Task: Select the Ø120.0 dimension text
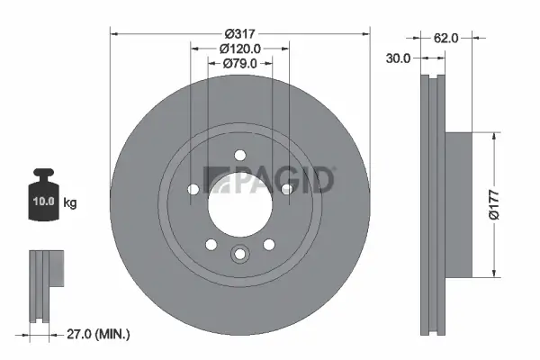pos(239,49)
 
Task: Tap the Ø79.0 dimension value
pos(239,63)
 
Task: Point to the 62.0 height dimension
pos(447,38)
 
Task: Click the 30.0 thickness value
pos(399,58)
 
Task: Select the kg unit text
pos(69,202)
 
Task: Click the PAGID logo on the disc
pos(270,180)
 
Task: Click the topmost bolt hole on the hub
pos(239,155)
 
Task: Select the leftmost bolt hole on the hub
pos(193,189)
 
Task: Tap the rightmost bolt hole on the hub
pos(286,189)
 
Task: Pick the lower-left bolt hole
pos(211,244)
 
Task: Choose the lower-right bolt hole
pos(268,244)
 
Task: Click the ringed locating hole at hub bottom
pos(239,255)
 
